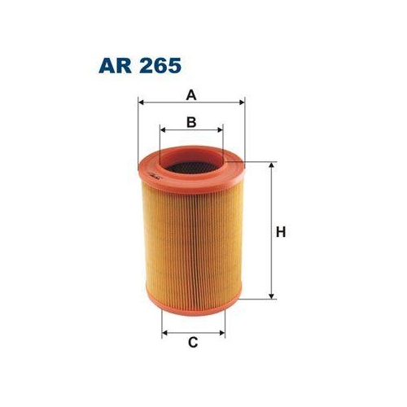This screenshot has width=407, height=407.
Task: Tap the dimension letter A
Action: (x=192, y=94)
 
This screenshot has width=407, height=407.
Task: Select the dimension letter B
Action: (x=192, y=122)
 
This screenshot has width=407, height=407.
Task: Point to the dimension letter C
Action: (x=194, y=342)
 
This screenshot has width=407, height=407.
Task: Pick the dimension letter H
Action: (x=281, y=232)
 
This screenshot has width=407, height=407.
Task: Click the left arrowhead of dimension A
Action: (x=142, y=103)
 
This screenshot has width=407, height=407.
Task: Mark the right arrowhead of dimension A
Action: (x=242, y=103)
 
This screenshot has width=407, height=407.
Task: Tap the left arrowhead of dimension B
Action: (x=163, y=129)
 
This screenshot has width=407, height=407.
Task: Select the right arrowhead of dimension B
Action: (x=221, y=129)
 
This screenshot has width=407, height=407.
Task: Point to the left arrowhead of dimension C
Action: (x=165, y=333)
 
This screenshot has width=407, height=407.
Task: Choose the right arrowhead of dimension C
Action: (x=222, y=333)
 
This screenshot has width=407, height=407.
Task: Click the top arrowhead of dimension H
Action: (x=271, y=164)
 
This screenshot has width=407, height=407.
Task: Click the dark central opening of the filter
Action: (x=192, y=168)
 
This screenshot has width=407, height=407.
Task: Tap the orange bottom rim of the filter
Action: (x=192, y=313)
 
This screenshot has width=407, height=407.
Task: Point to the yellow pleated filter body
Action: (x=192, y=244)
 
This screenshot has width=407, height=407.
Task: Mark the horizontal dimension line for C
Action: (x=194, y=333)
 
